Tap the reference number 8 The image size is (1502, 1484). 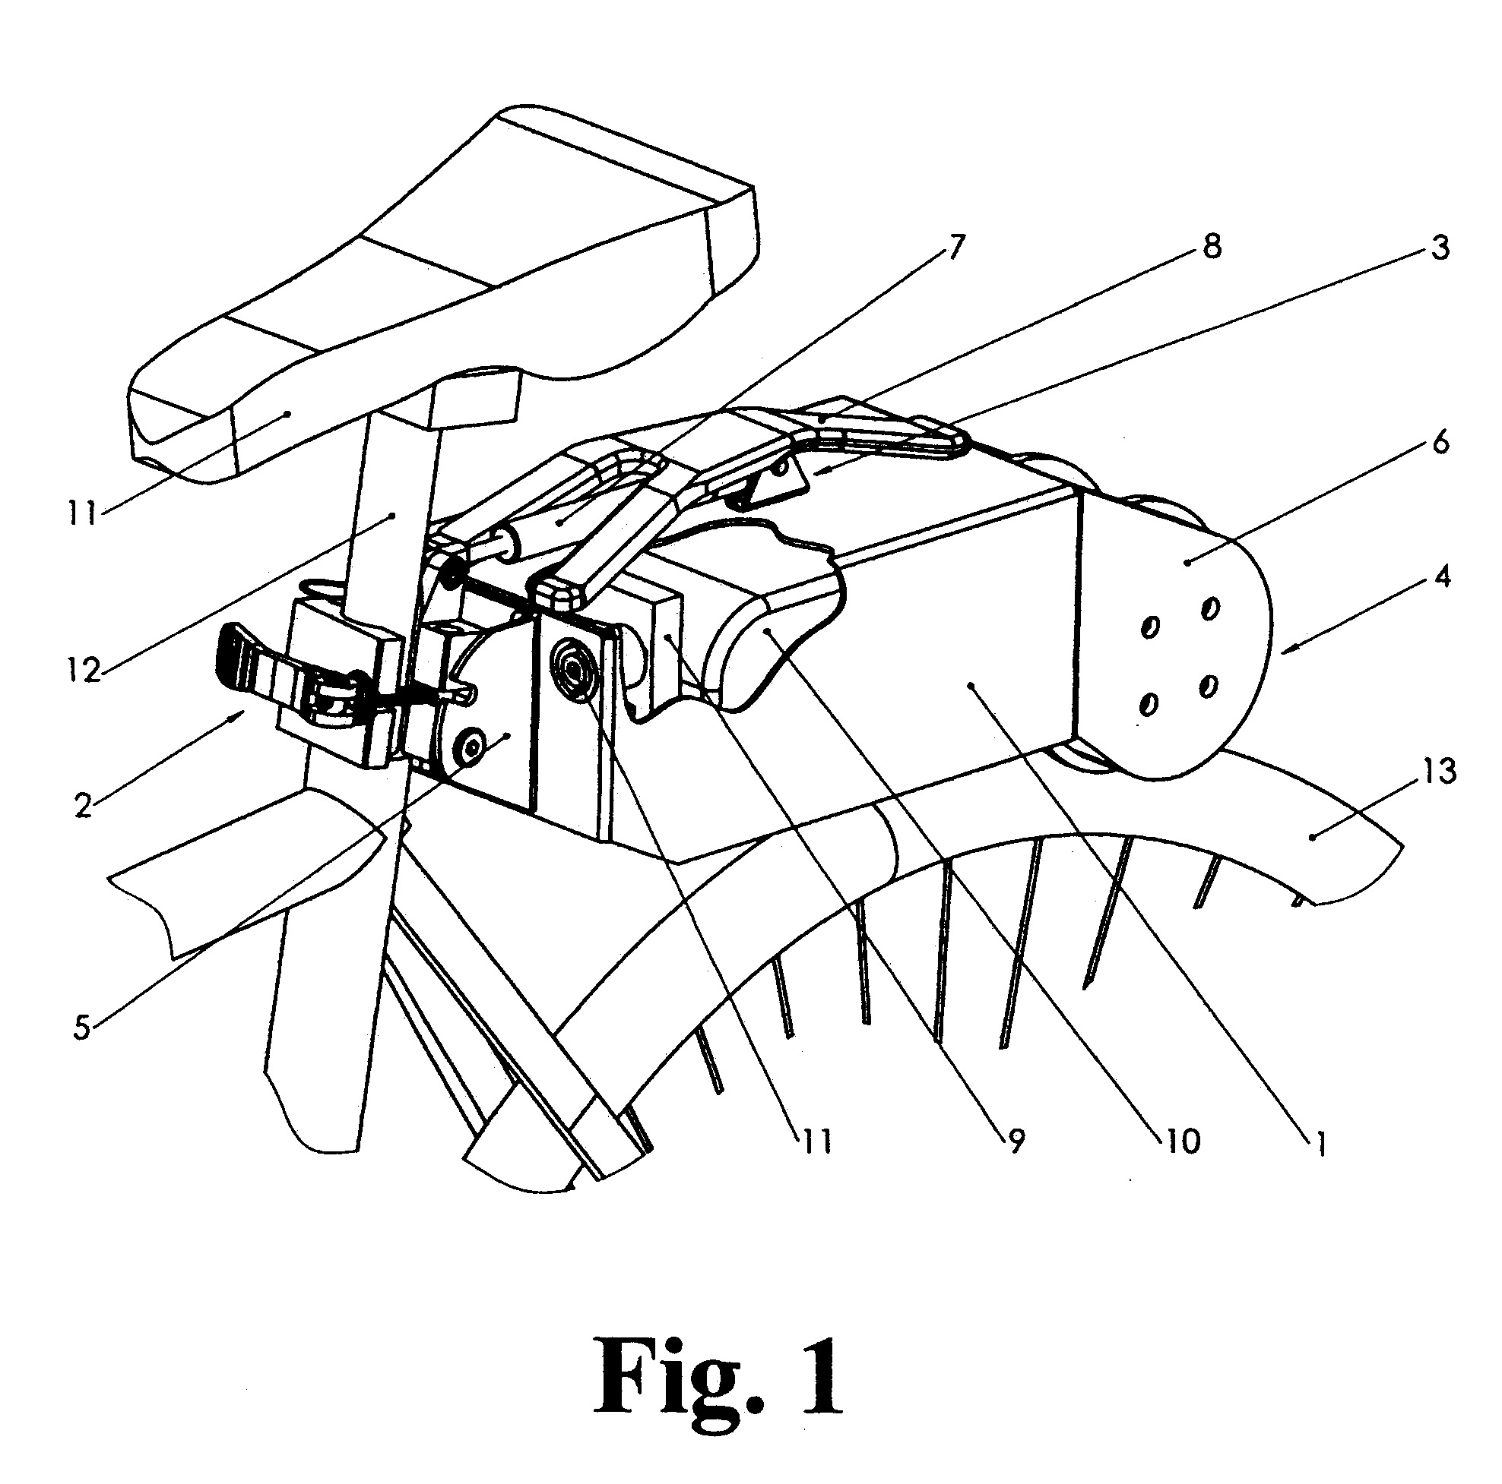pyautogui.click(x=1210, y=246)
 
